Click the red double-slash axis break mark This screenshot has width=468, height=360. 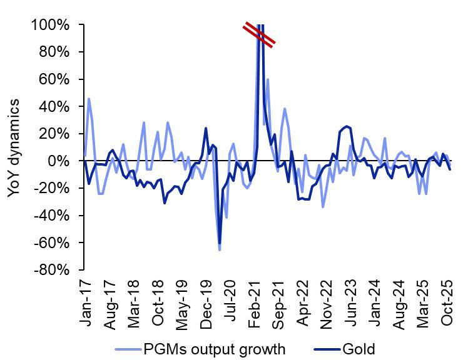coord(258,34)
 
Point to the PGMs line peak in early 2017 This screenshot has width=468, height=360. coord(89,99)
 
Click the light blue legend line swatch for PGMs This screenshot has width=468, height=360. coord(129,348)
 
